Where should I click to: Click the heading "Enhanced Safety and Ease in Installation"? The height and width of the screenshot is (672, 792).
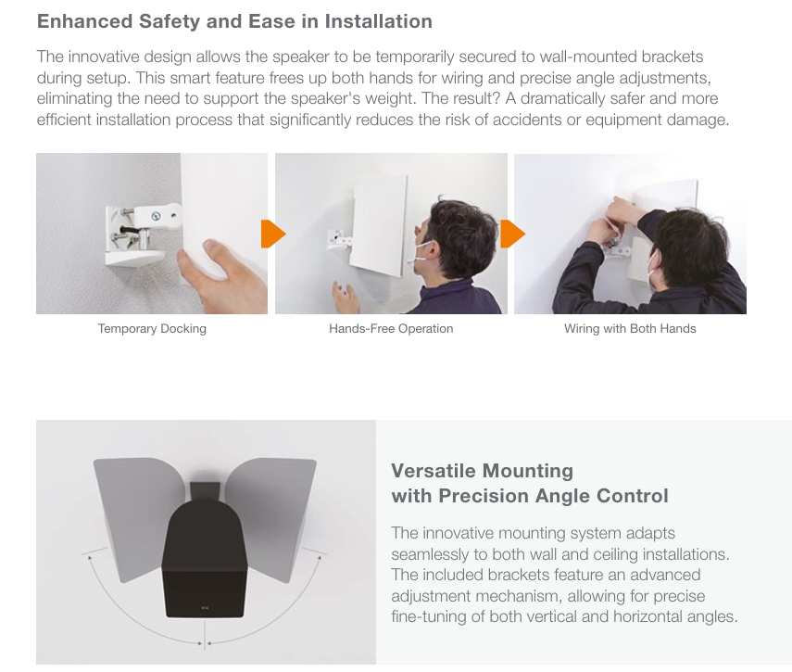click(234, 21)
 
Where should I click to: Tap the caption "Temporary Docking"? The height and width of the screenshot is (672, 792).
click(152, 329)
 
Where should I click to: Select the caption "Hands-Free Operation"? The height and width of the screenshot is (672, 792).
click(391, 329)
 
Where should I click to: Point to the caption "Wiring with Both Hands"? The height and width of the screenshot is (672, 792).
click(630, 329)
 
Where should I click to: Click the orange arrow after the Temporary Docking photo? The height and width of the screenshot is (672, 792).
click(272, 234)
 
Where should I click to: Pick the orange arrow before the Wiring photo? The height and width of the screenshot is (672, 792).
click(512, 234)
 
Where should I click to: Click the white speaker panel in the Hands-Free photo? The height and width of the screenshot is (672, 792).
click(379, 225)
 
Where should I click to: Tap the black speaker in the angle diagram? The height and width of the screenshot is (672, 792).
click(205, 551)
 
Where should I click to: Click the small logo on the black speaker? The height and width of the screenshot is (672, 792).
click(204, 608)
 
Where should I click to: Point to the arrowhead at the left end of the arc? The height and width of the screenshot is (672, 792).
click(90, 558)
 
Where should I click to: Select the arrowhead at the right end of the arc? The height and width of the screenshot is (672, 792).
click(320, 558)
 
